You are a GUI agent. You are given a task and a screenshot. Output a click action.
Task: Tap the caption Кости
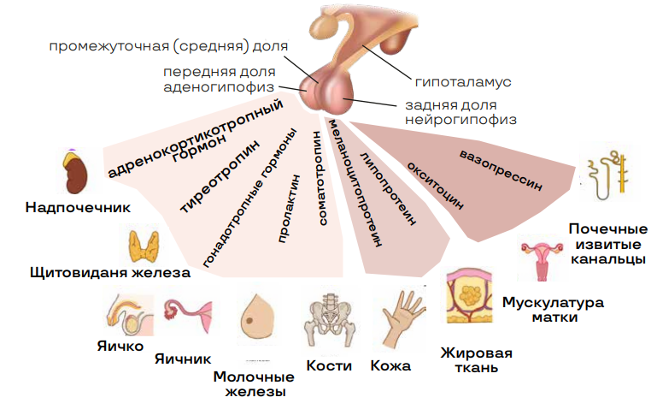pyautogui.click(x=329, y=366)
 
